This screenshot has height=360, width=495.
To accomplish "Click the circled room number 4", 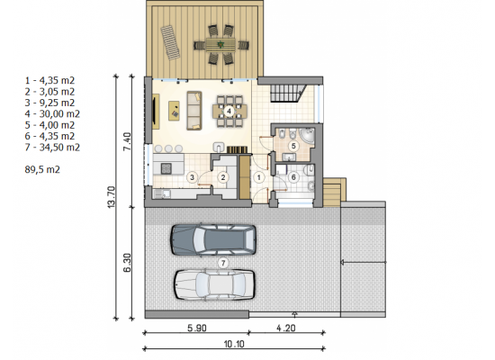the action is point(229,112).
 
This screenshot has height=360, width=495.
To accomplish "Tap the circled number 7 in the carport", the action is point(223,263).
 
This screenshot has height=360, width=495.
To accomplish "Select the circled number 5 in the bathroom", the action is point(293,146).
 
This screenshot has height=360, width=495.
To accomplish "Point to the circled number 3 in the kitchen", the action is point(192,177).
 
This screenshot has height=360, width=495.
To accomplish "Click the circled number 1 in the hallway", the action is point(259,177).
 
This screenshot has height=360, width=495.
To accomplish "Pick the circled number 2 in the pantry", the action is point(223,177).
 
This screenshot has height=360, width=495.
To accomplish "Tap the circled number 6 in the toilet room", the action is point(293,177).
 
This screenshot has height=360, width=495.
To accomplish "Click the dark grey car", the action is point(213,239).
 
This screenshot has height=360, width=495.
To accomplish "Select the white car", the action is point(214,283).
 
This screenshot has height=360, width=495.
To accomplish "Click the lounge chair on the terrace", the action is point(170,42).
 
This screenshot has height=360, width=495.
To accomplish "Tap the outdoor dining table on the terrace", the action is point(220,45).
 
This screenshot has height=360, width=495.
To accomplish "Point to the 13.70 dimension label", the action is point(112,197).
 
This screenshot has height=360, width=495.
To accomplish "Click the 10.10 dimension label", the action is point(234,344).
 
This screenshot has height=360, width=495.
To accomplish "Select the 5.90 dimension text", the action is point(197,328).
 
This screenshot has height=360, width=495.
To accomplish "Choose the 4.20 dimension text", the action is point(286,328).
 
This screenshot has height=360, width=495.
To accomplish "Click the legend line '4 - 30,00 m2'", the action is point(52,113).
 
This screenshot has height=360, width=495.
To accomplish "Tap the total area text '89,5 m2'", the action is point(42,169).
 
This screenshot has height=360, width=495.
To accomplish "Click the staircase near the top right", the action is point(288,93).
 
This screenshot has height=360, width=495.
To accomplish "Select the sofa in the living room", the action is point(194,111).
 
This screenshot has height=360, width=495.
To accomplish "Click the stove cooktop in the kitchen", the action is point(166,168).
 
